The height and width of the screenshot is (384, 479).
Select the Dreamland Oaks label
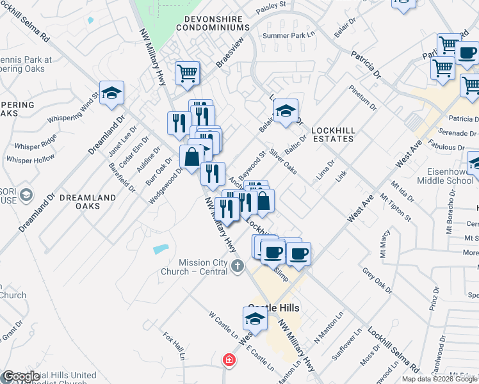[88, 202]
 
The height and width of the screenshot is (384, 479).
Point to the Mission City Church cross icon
[238, 265]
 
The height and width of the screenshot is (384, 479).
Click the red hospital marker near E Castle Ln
[228, 360]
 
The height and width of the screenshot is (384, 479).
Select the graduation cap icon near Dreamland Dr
[111, 93]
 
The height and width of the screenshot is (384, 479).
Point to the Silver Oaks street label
[283, 161]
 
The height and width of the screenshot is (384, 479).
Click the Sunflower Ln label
[350, 345]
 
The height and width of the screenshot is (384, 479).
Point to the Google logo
[21, 377]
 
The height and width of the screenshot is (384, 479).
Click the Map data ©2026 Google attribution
[439, 379]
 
